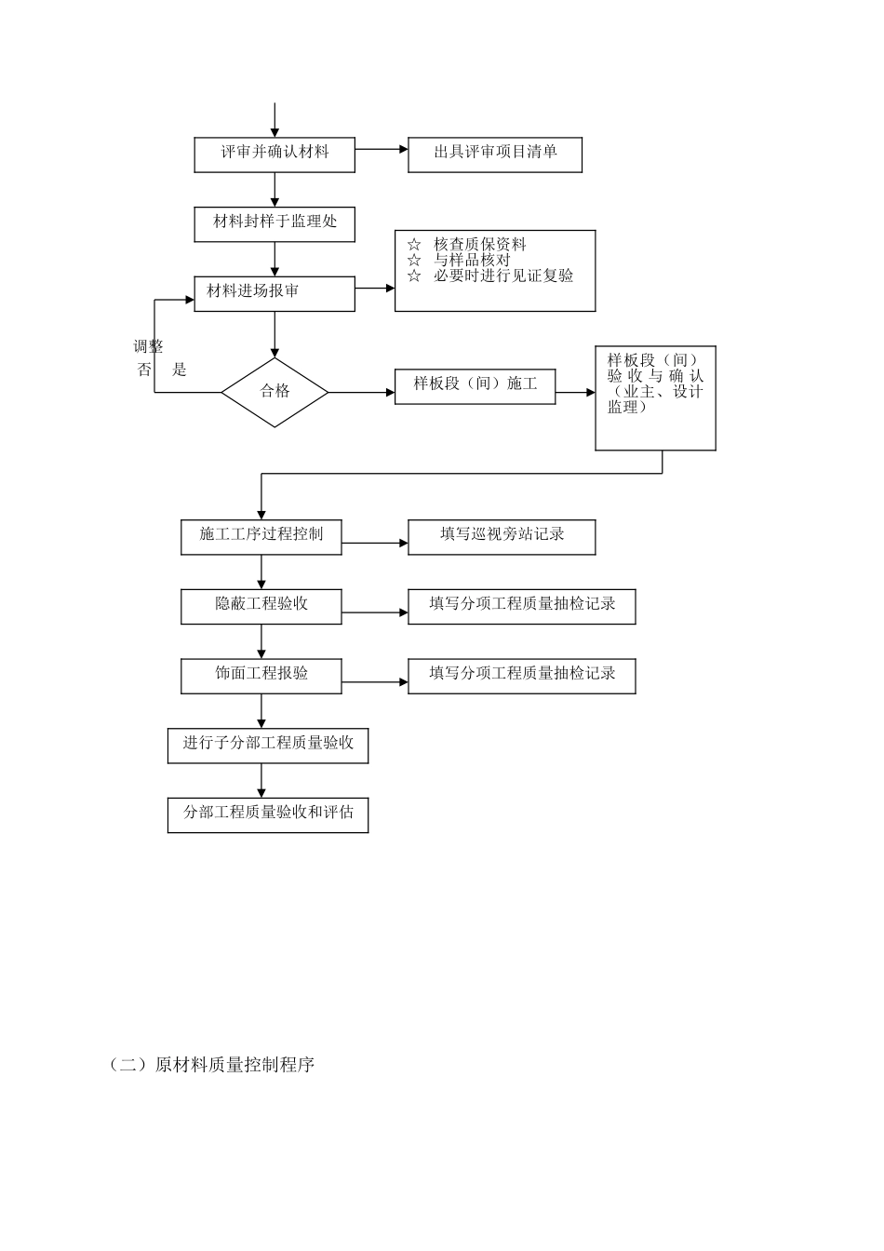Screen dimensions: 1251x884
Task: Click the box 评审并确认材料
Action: (x=275, y=155)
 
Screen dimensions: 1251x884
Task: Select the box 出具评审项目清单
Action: (x=495, y=155)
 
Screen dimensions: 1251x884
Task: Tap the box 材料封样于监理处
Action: (x=275, y=224)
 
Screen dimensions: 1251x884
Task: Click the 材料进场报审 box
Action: (x=275, y=293)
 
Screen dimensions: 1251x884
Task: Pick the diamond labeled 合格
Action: (x=275, y=392)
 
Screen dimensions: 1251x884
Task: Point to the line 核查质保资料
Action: (x=479, y=245)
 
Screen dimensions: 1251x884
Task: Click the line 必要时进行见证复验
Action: (x=502, y=276)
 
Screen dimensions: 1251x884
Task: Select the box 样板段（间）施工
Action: (x=475, y=386)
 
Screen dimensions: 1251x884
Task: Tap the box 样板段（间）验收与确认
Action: (x=655, y=398)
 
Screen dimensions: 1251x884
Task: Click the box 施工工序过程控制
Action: (x=261, y=537)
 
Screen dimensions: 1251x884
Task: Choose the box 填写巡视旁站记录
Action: (x=502, y=537)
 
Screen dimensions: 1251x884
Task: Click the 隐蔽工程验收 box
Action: (x=261, y=606)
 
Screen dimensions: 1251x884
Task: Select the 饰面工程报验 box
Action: (x=261, y=676)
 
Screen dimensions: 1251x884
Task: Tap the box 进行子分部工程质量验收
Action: (x=268, y=746)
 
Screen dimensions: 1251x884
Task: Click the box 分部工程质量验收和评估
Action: (x=268, y=814)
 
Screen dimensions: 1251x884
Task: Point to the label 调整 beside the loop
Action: (x=148, y=347)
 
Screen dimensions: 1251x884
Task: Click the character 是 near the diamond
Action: (x=180, y=370)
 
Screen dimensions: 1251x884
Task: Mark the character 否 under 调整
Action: (x=143, y=370)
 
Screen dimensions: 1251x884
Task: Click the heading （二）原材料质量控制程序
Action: (x=212, y=1065)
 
